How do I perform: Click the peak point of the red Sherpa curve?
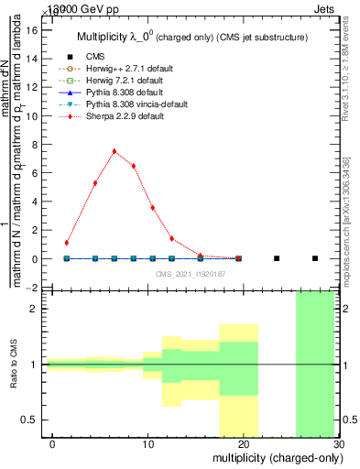click(114, 151)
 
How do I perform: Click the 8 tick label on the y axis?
click(35, 145)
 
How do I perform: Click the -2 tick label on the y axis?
click(32, 288)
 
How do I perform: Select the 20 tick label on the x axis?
click(243, 444)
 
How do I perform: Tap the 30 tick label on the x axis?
click(338, 444)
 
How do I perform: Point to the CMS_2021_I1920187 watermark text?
click(190, 274)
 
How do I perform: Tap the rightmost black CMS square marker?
click(315, 258)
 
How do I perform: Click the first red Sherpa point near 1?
click(67, 243)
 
